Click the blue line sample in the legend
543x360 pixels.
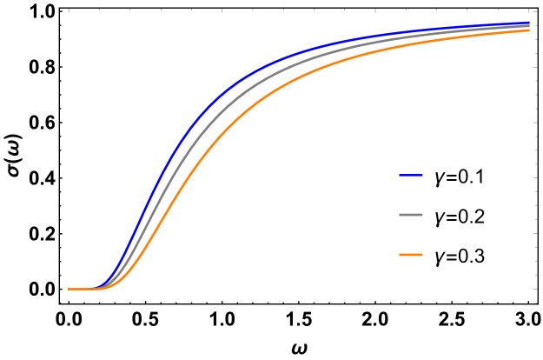[411, 176]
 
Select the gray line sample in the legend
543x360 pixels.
[411, 215]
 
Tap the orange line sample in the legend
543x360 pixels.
[411, 255]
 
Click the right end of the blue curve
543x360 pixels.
[529, 23]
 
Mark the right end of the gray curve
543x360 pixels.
[529, 26]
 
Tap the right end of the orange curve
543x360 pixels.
[529, 30]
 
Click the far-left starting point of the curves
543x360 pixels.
[70, 289]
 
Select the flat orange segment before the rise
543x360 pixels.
[87, 289]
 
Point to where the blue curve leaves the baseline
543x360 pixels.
[103, 286]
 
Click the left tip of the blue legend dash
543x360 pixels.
[401, 176]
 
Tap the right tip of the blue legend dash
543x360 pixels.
[422, 176]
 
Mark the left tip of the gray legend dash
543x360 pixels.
[401, 215]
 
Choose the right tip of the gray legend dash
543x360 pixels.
[422, 215]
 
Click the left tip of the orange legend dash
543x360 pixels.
[401, 255]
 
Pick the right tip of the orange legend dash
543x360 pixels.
[422, 255]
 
